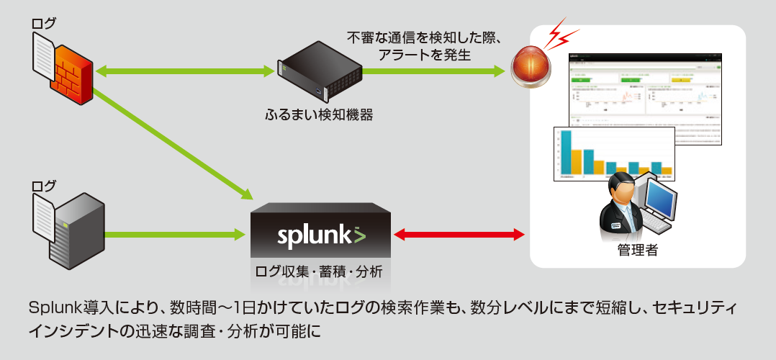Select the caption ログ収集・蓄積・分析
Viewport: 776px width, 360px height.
(x=319, y=272)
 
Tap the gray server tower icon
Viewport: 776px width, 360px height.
(x=76, y=230)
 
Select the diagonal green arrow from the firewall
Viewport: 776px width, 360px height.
(x=173, y=144)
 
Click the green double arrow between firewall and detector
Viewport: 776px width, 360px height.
(x=186, y=71)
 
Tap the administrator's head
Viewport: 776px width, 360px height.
(x=621, y=189)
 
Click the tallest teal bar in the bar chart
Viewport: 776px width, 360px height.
(x=566, y=153)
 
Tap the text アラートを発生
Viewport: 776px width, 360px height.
(x=424, y=54)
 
